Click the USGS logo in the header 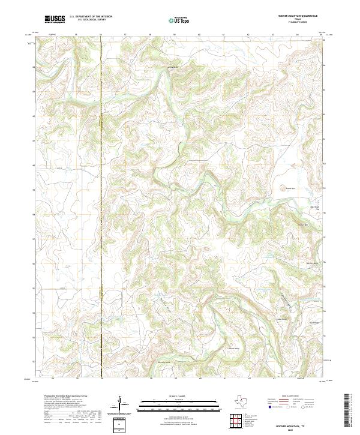55,20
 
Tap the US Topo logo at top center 179,20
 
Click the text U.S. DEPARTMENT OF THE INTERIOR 91,16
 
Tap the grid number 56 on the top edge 101,35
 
